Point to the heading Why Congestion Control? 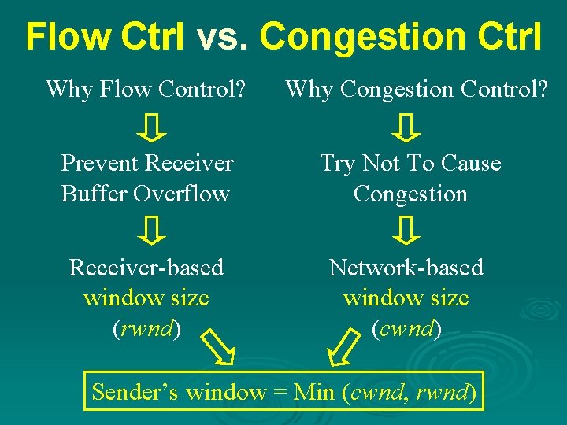(x=416, y=89)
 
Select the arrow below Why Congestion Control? (x=406, y=127)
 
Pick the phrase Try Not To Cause (x=410, y=164)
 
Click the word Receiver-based (x=146, y=268)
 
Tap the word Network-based (x=406, y=268)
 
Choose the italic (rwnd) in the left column (x=146, y=328)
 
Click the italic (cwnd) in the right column (x=406, y=328)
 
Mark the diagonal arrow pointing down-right (x=218, y=347)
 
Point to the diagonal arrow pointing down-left (x=343, y=347)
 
